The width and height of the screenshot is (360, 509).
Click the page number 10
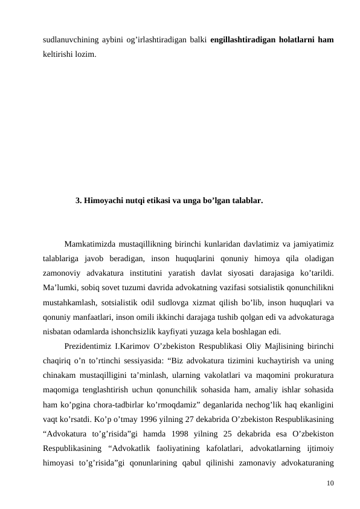point(330,483)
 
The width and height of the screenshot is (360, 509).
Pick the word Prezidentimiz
point(89,346)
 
